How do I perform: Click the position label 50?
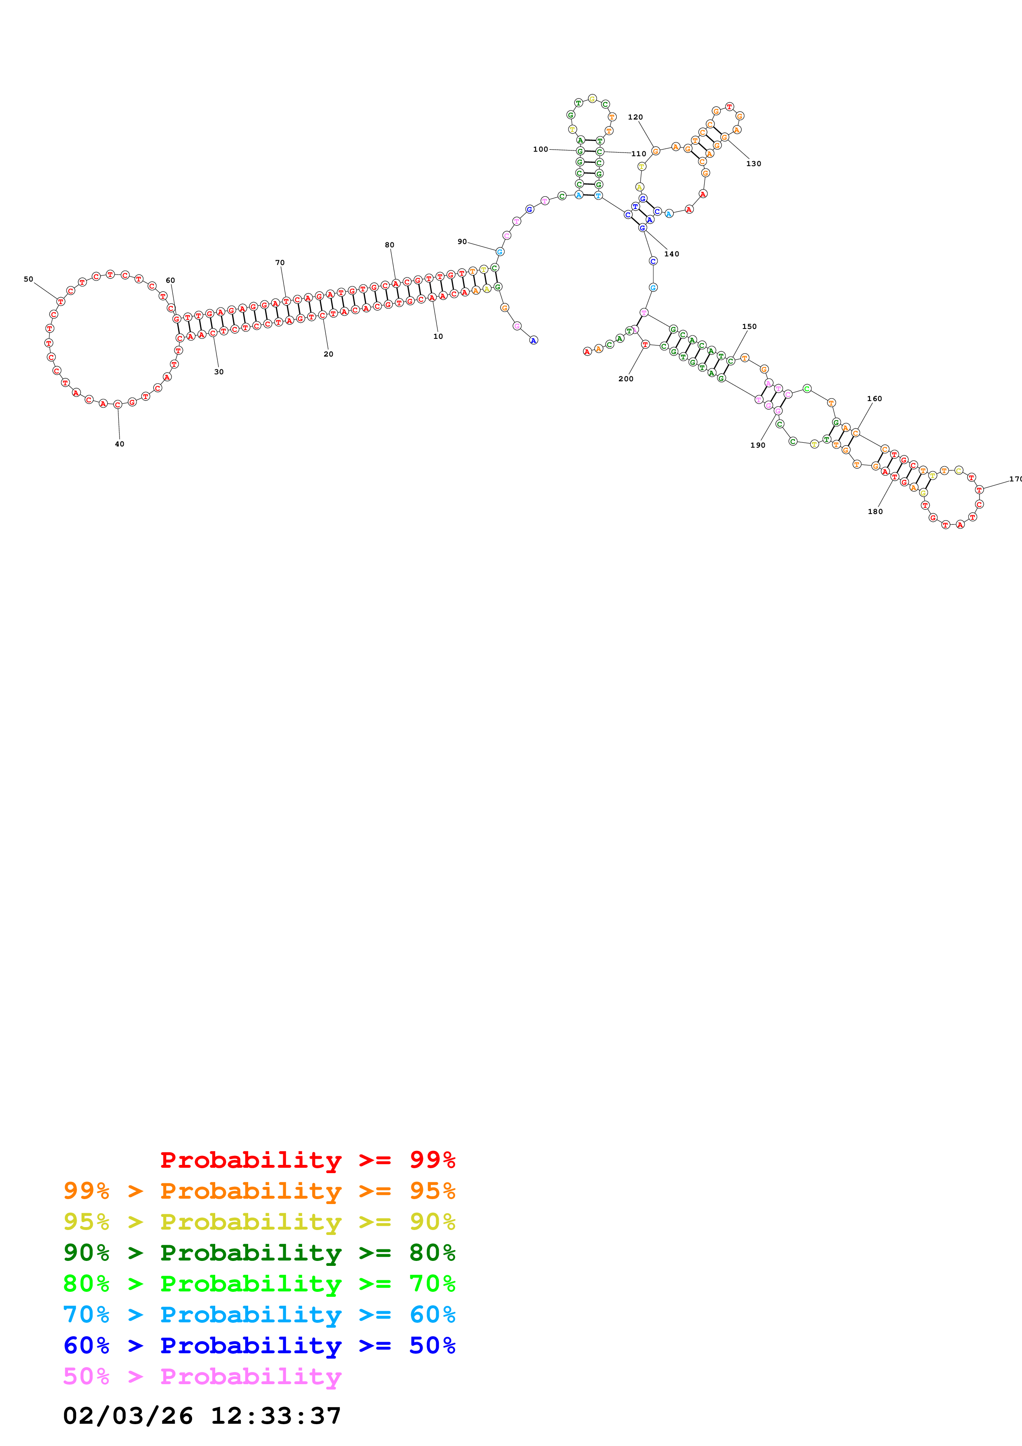tap(28, 279)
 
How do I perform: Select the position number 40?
tap(120, 444)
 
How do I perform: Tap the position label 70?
tap(280, 263)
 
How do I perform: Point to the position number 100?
tap(540, 149)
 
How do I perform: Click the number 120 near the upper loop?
tap(635, 117)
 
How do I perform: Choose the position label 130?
tap(754, 164)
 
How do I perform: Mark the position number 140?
tap(672, 254)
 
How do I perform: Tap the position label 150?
tap(749, 326)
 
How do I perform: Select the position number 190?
tap(757, 445)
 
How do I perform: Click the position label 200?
tap(626, 378)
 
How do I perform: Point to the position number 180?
tap(875, 512)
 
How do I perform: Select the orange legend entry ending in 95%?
tap(259, 1191)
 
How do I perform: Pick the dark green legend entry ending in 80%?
tap(259, 1253)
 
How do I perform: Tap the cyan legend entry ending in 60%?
tap(259, 1315)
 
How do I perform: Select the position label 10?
tap(438, 336)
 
